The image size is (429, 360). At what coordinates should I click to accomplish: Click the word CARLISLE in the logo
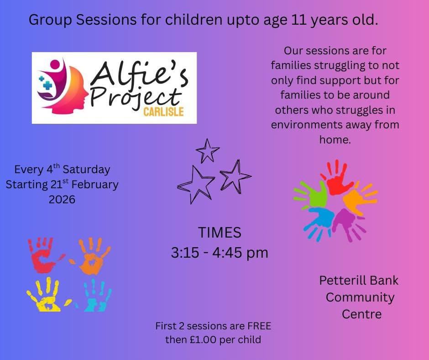coord(163,112)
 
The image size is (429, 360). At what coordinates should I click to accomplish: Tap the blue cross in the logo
coord(47,85)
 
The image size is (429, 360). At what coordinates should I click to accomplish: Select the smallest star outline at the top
coord(207,150)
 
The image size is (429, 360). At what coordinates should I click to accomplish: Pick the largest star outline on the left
coord(195,185)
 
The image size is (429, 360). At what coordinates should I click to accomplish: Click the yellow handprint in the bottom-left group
coord(47,295)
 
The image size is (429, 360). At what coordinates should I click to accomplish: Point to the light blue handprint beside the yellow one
coord(95,296)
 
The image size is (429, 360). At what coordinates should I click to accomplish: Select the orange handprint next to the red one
coord(92,256)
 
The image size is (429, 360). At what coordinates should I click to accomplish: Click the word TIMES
coord(220,233)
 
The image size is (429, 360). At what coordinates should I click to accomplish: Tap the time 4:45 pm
coord(240,253)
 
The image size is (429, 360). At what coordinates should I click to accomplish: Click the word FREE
coord(259,326)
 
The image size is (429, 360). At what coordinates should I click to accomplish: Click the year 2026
coord(62,200)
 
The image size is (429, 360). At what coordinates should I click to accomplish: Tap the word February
coord(95,185)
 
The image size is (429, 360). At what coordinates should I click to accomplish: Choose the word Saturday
coord(86,169)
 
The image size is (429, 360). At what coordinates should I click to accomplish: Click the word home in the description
coord(335,140)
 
